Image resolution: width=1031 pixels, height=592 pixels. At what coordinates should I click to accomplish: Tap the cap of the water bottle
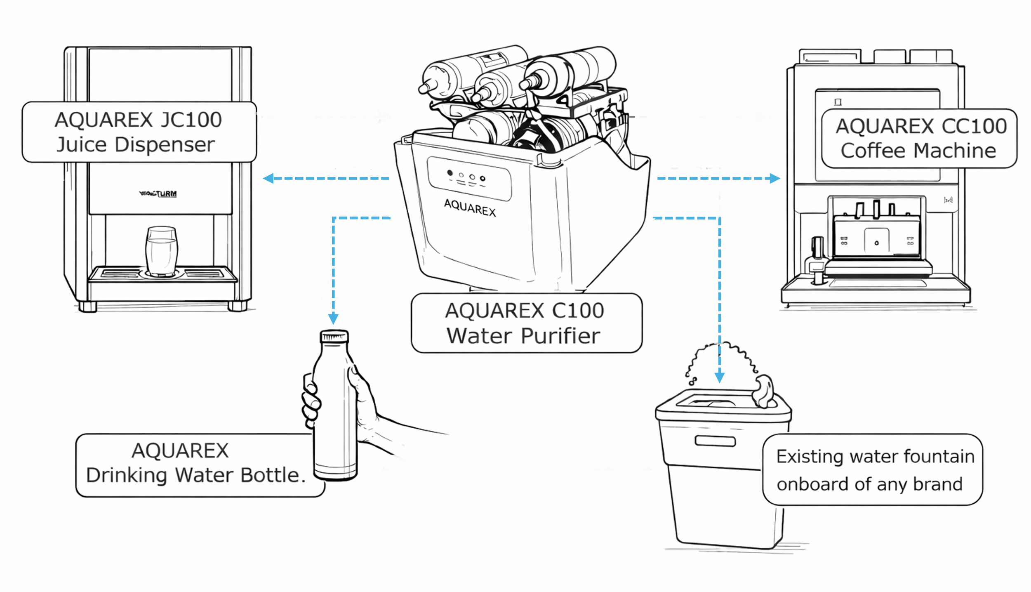point(334,336)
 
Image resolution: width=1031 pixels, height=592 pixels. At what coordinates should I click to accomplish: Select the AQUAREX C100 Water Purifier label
point(526,323)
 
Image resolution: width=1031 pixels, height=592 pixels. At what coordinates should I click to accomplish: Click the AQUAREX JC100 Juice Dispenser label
point(139,132)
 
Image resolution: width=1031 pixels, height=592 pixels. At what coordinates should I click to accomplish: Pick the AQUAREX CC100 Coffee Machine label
point(919,139)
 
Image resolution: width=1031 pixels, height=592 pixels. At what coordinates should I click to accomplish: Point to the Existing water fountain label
point(872,470)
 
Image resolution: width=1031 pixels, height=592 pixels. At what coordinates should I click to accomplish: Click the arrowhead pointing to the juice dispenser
point(268,178)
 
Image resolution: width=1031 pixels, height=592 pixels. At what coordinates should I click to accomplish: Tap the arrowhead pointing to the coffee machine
point(774,178)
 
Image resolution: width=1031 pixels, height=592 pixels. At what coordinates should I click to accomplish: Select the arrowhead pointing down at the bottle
point(333,318)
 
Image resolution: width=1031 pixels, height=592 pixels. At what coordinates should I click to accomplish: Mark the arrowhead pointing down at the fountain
point(720,377)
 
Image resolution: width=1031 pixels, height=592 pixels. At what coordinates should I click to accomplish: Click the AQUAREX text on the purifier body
point(470,208)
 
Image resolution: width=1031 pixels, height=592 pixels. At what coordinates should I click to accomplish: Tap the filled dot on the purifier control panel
point(450,173)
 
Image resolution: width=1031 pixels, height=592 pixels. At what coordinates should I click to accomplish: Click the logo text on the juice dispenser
point(158,193)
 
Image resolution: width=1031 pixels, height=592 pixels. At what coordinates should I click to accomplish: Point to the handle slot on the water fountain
point(715,441)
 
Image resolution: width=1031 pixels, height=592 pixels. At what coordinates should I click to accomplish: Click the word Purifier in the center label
point(560,336)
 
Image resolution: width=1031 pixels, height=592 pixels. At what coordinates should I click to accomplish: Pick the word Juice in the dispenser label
point(81,145)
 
